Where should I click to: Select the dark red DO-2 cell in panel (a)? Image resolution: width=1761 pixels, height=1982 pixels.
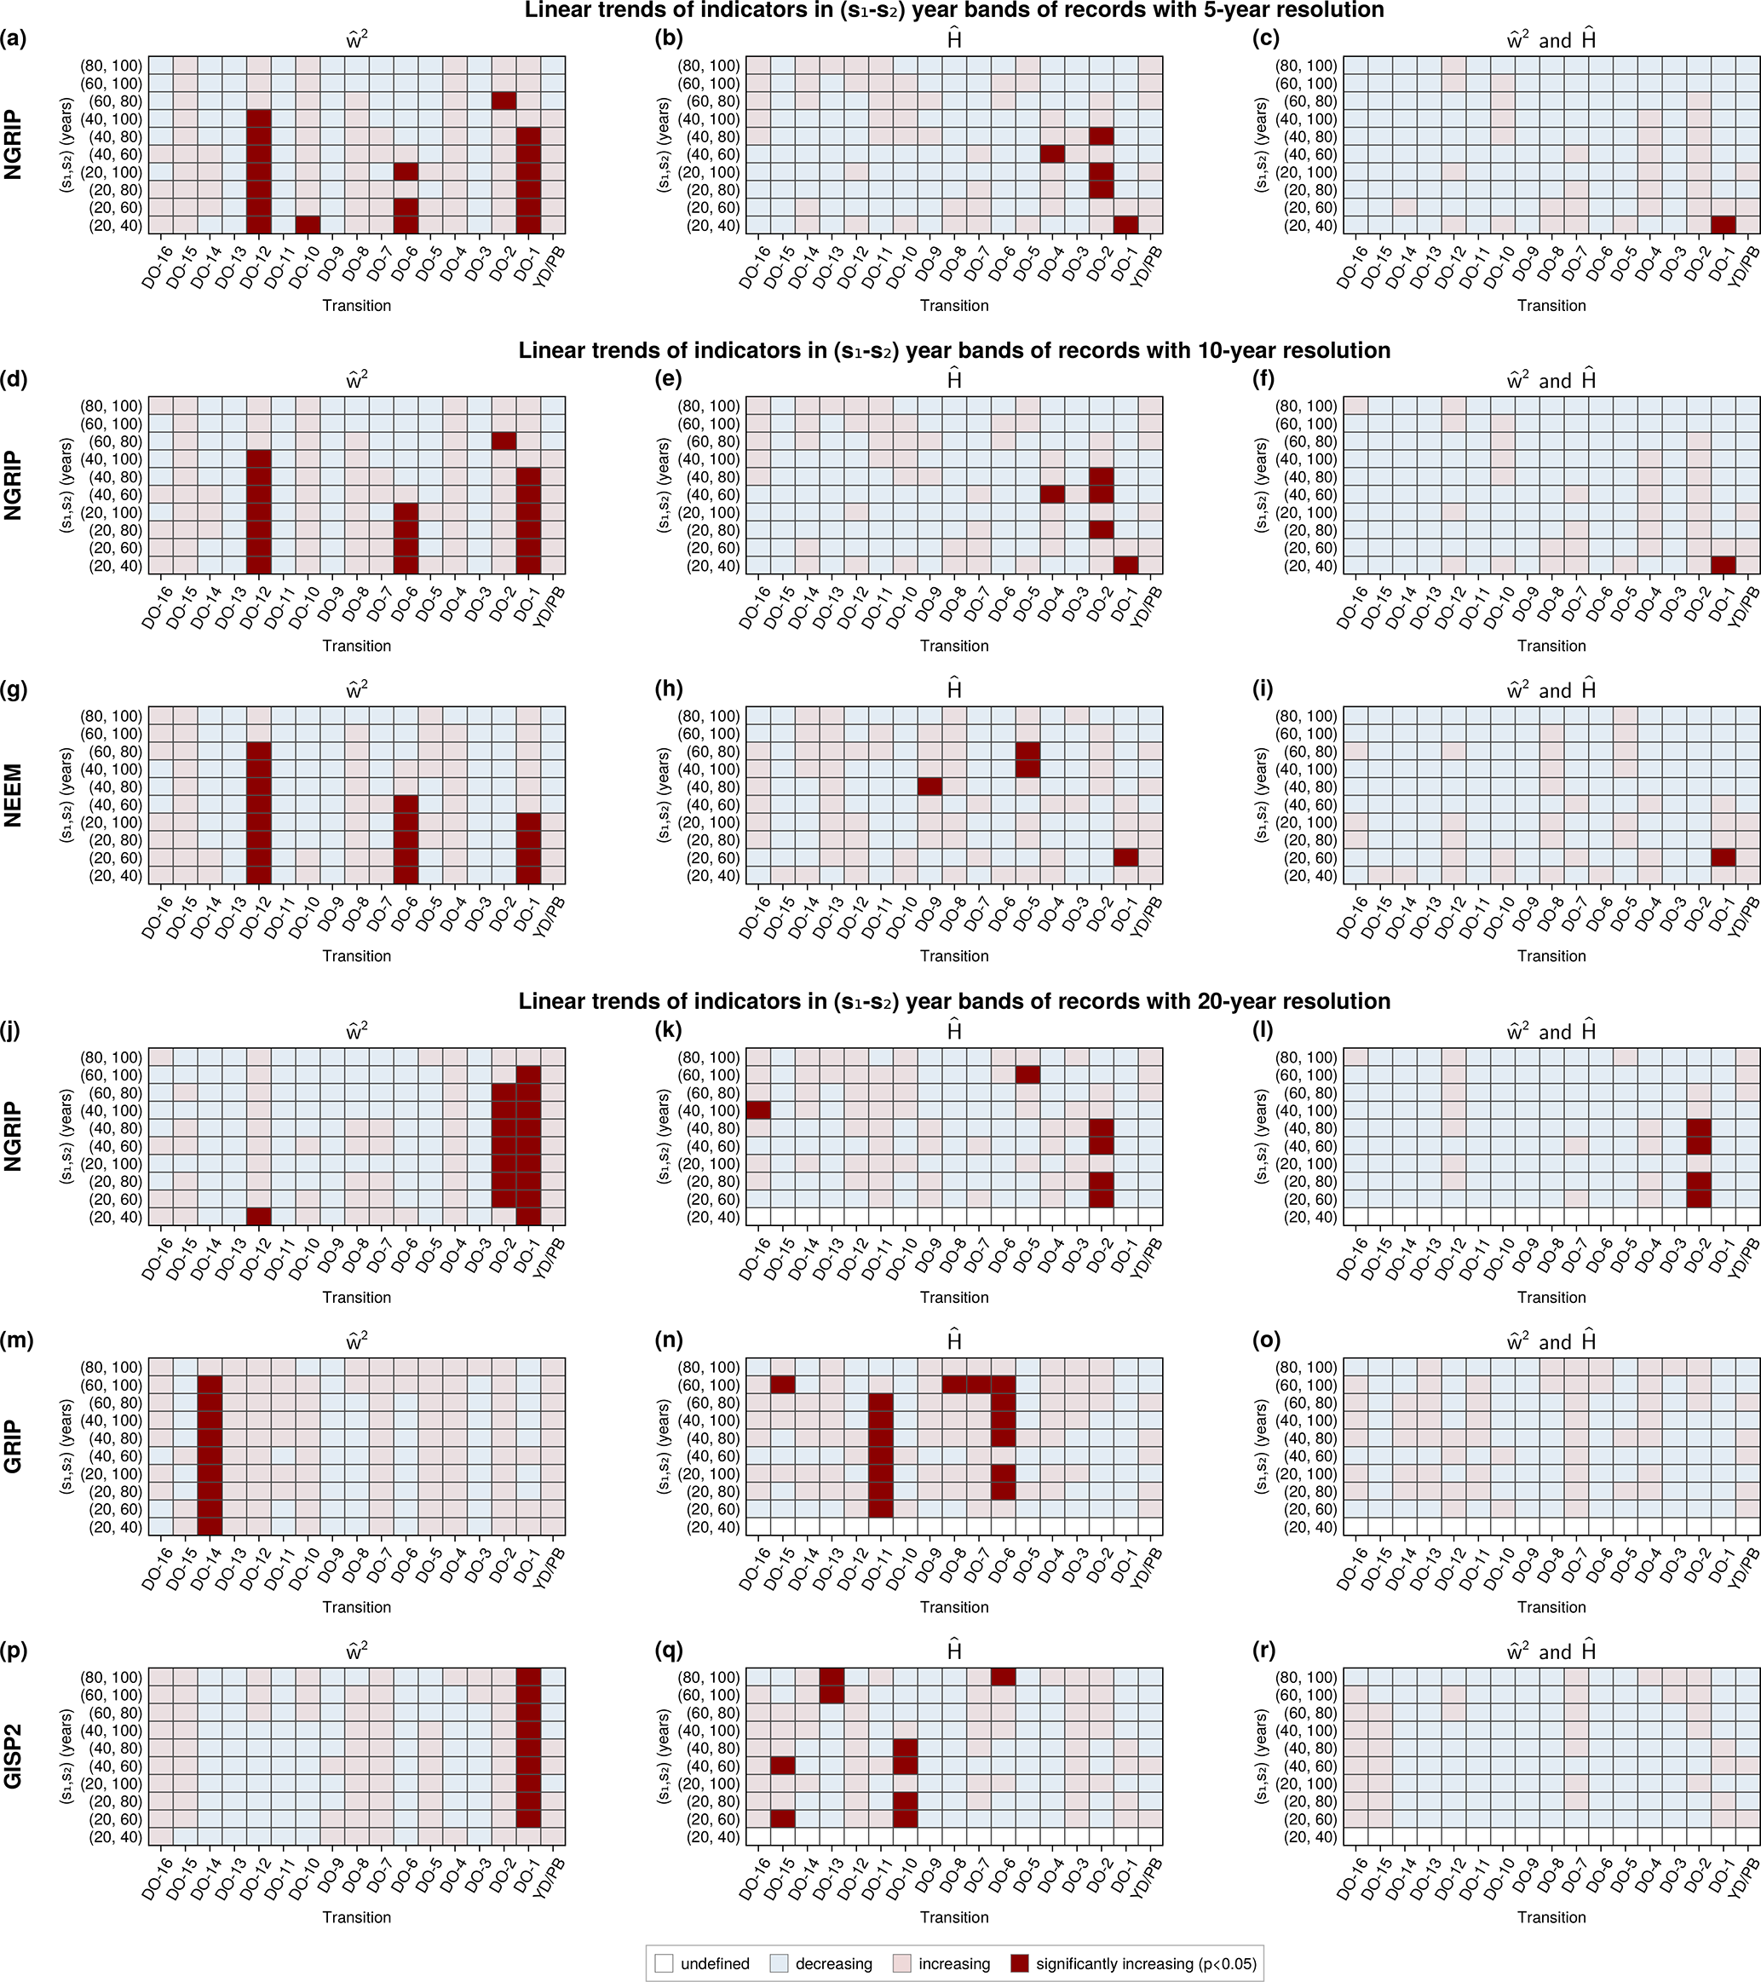(504, 101)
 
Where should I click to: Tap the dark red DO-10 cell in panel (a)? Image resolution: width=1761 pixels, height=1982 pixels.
(308, 225)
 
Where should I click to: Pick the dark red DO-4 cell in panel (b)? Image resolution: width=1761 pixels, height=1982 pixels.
(1052, 154)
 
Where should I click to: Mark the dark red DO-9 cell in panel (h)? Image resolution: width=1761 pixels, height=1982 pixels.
(929, 786)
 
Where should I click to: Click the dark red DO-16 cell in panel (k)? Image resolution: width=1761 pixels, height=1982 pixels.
(757, 1110)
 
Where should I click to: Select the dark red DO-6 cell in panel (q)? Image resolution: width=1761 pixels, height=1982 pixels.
(1004, 1678)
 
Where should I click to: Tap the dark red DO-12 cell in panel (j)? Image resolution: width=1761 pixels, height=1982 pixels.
(258, 1216)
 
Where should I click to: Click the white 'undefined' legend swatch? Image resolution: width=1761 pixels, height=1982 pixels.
(665, 1963)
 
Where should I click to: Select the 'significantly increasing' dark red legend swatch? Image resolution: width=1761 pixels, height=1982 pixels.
(1018, 1963)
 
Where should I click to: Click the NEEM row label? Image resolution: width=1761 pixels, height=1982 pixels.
(14, 795)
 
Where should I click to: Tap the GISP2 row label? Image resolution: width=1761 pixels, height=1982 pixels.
(14, 1756)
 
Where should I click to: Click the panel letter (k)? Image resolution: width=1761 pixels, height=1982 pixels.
(669, 1031)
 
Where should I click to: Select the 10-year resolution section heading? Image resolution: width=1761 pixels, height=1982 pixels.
(954, 350)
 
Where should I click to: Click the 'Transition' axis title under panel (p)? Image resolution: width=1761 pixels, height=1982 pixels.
(357, 1916)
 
